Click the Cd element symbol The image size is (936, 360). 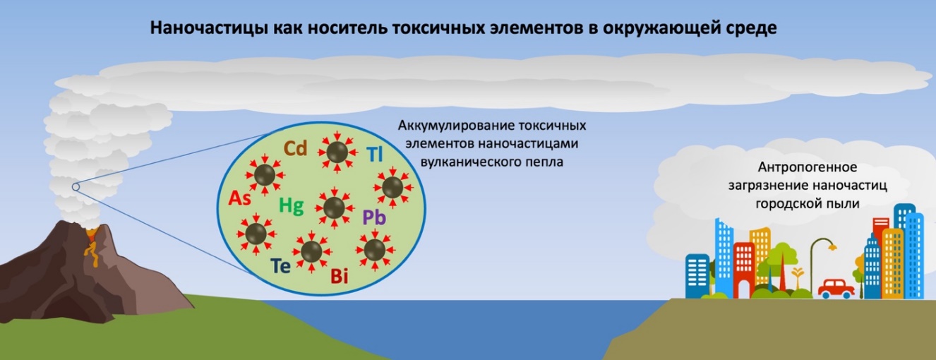click(x=296, y=148)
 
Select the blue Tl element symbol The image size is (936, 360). click(x=375, y=154)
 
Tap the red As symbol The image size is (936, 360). click(x=240, y=198)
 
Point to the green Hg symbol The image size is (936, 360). click(x=292, y=206)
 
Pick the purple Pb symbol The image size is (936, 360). click(x=374, y=217)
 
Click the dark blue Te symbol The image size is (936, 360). click(x=280, y=265)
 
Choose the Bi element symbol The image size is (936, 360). click(x=340, y=276)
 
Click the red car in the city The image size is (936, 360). click(x=836, y=289)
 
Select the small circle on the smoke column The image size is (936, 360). click(x=76, y=187)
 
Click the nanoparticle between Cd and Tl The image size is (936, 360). click(x=337, y=152)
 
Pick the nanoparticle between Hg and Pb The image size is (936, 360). click(x=334, y=208)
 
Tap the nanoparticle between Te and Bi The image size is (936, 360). click(x=311, y=252)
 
